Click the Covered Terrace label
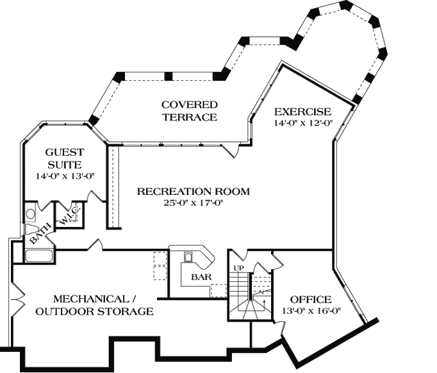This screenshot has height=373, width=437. coord(189,110)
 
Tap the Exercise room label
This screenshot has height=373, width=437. coord(302,112)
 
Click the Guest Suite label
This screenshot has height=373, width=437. coord(64,158)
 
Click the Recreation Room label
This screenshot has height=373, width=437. coord(193,191)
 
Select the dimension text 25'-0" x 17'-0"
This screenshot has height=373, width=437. coord(193,203)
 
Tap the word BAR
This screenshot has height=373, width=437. coord(202,278)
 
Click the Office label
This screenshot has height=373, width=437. coord(311,299)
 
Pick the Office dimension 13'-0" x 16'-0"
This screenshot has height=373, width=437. coord(311,312)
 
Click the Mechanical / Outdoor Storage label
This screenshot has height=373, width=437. coord(94,305)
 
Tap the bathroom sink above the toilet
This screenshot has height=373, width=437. coord(30,213)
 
